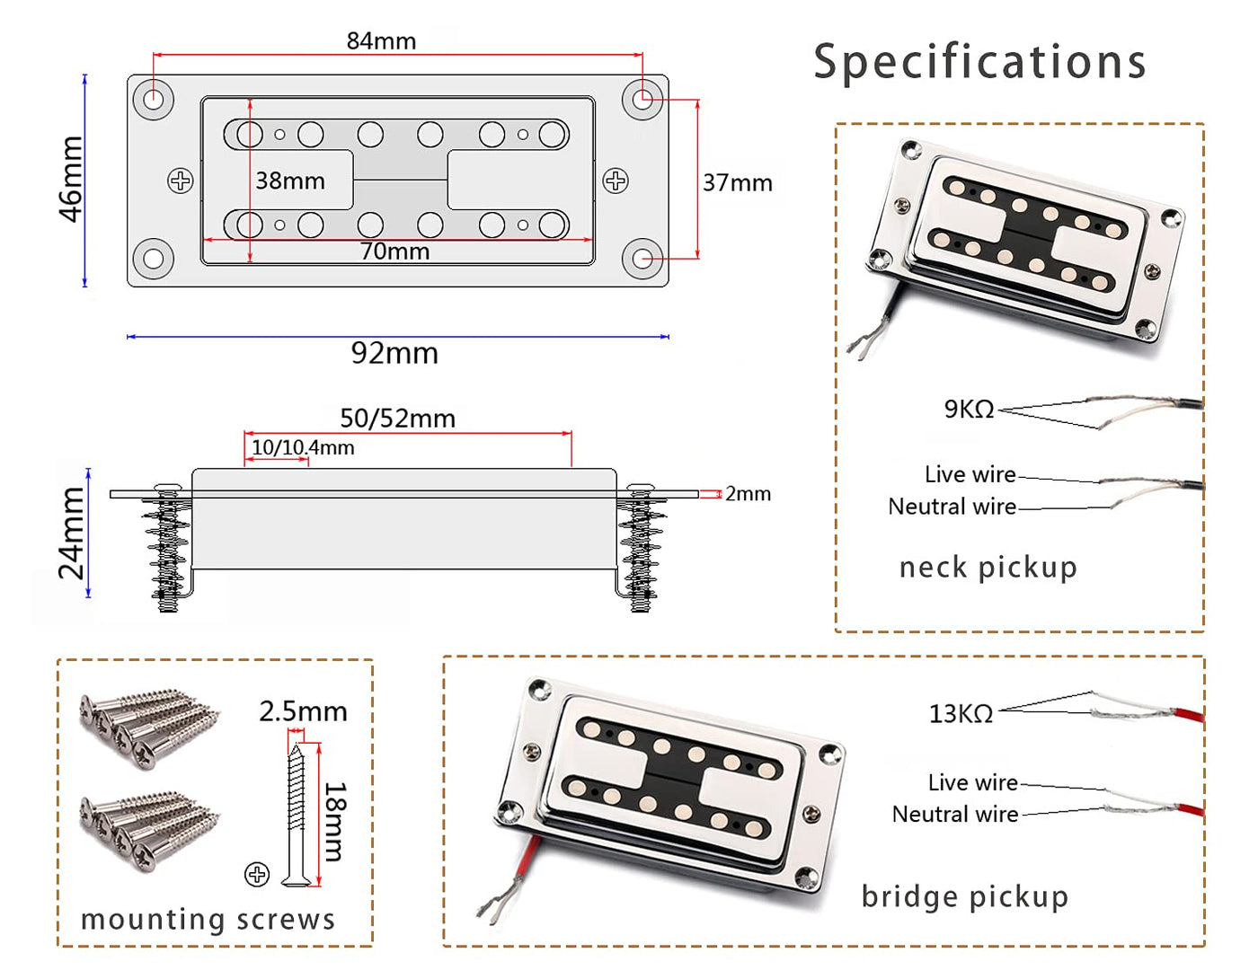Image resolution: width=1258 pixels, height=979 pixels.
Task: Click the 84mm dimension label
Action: (381, 41)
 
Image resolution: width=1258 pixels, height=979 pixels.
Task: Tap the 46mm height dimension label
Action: (71, 179)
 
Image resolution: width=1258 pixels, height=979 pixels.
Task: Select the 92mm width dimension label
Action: (394, 353)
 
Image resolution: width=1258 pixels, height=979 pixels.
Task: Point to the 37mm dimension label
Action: (737, 183)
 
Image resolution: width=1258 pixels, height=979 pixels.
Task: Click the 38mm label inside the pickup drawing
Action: (289, 181)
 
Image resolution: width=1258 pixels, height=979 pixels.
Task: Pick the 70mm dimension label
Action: (394, 251)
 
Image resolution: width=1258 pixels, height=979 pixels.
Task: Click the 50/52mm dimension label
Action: (397, 419)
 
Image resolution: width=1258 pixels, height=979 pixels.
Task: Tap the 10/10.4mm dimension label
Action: (302, 447)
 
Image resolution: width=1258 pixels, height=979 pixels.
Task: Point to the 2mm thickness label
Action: (748, 494)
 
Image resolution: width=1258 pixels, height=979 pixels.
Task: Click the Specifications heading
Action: (979, 62)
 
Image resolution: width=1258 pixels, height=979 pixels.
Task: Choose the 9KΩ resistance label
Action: (969, 410)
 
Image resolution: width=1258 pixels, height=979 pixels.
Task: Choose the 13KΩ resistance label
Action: (961, 714)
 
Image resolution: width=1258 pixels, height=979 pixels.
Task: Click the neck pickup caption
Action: (988, 568)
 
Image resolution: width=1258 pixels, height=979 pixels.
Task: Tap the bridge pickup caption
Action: (964, 896)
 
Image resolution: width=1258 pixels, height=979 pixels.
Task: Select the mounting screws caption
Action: (208, 920)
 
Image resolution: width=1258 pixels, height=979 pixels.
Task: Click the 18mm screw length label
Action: (334, 821)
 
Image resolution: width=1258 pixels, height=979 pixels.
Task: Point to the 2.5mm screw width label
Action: (303, 711)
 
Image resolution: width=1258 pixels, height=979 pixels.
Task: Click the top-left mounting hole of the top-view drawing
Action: (154, 98)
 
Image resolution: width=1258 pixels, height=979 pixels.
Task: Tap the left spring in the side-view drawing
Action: (167, 550)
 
